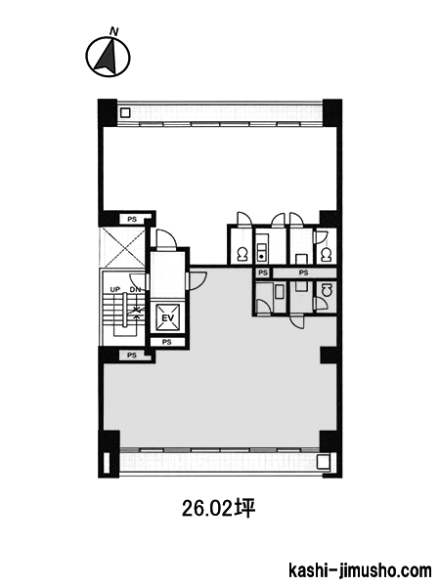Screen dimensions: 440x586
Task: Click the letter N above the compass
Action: (x=114, y=31)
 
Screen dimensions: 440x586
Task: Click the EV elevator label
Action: (x=167, y=318)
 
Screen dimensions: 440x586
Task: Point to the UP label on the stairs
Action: (x=114, y=290)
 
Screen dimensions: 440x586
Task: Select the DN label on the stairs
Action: (x=135, y=290)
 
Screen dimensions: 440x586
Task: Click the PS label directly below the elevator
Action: (x=167, y=342)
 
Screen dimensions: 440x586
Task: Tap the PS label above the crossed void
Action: (x=132, y=220)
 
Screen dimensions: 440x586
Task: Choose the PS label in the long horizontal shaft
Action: (x=303, y=272)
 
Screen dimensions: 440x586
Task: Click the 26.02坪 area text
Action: (x=218, y=509)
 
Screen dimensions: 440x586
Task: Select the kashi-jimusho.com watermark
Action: (x=360, y=570)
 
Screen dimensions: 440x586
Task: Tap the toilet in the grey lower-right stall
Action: (x=327, y=290)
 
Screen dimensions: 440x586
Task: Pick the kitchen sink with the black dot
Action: (x=261, y=251)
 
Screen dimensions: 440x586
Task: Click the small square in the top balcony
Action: (x=125, y=112)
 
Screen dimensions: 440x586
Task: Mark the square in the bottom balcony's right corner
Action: (x=322, y=462)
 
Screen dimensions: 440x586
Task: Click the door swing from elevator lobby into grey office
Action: (x=198, y=280)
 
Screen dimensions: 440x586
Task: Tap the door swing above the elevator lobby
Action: (x=166, y=238)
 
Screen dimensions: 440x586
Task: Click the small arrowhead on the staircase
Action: (x=137, y=316)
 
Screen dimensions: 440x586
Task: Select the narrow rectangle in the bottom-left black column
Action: (x=107, y=463)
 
